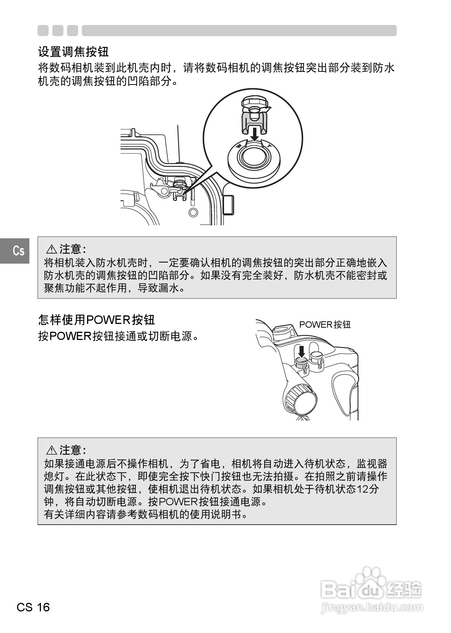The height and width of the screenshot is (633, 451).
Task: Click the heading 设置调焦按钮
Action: tap(73, 51)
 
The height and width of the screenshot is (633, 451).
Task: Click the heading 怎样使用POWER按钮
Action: tap(96, 319)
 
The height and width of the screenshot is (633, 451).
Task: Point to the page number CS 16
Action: tap(33, 607)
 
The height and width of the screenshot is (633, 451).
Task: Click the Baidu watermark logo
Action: tap(370, 588)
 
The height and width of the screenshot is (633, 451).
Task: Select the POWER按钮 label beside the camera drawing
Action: tap(325, 325)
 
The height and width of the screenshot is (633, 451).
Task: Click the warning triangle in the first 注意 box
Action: tap(51, 249)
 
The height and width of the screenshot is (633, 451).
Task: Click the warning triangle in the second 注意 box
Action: tap(51, 450)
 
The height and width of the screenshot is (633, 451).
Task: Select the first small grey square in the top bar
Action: tap(43, 31)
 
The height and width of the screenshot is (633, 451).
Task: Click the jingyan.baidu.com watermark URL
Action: tap(371, 607)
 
